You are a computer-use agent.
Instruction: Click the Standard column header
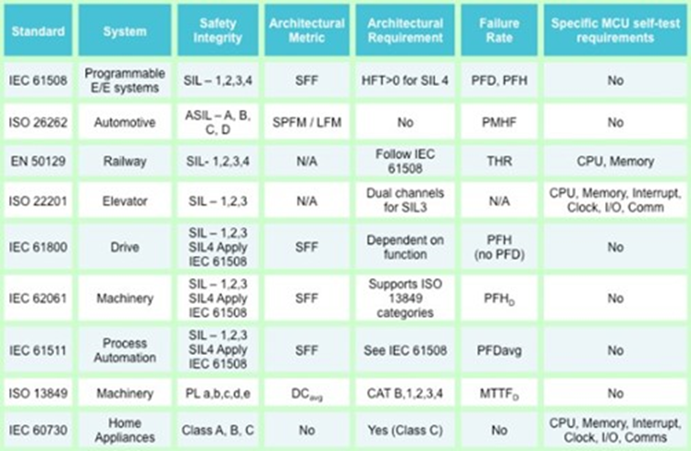pos(38,30)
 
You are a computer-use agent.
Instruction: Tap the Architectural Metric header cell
pos(307,30)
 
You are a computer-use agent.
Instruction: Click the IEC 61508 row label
pos(37,80)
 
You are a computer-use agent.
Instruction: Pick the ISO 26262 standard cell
pos(37,121)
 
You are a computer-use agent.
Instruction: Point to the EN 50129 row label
pos(37,160)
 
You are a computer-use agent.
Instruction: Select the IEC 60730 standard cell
pos(37,424)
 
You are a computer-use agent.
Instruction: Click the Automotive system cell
pos(123,121)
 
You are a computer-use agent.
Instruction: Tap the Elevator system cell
pos(123,200)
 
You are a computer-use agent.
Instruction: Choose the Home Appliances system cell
pos(123,424)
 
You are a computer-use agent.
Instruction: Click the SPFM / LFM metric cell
pos(307,121)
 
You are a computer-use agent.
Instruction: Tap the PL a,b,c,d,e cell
pos(218,394)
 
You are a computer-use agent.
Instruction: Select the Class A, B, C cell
pos(218,424)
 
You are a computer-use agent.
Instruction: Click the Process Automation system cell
pos(123,350)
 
